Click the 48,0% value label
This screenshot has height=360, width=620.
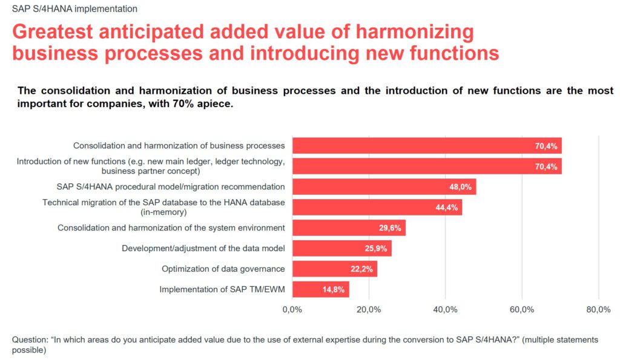460,187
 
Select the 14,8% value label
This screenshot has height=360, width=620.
334,290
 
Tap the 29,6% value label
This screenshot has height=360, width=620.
390,228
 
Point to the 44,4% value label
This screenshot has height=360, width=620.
446,208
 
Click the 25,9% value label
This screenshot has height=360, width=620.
376,249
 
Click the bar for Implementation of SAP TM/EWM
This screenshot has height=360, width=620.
320,290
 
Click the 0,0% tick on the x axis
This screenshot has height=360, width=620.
292,310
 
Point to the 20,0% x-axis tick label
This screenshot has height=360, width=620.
369,310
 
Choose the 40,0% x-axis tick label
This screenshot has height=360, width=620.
445,310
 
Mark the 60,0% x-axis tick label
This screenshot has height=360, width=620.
522,310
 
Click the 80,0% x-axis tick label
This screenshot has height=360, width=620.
598,310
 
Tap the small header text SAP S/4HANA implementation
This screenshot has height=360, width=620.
74,9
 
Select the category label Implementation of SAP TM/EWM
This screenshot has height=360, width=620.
222,290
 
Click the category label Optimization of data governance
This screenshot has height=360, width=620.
223,269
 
